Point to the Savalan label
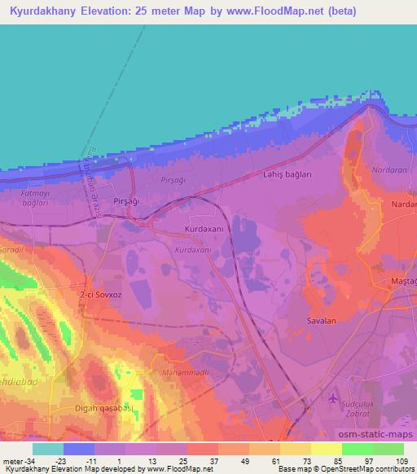(321, 320)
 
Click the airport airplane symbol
(331, 398)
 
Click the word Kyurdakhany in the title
(46, 12)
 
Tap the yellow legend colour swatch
(327, 449)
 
